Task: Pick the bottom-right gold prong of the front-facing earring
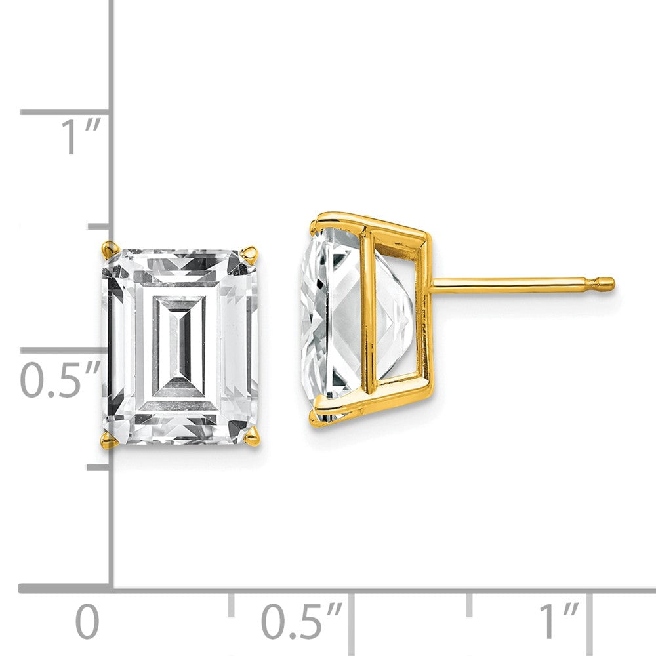[x=253, y=437]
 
